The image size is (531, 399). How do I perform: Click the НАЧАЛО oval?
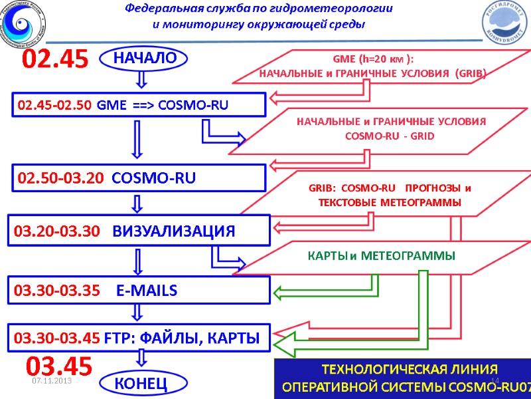tap(140, 59)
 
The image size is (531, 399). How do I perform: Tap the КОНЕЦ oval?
tap(140, 384)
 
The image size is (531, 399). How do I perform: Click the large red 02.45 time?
tap(56, 60)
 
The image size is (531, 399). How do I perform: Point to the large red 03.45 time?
tap(58, 365)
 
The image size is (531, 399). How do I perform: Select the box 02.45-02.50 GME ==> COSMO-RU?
tap(138, 104)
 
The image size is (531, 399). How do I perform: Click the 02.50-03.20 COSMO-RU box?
tap(138, 178)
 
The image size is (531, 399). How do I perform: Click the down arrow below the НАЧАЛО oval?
tap(140, 80)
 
